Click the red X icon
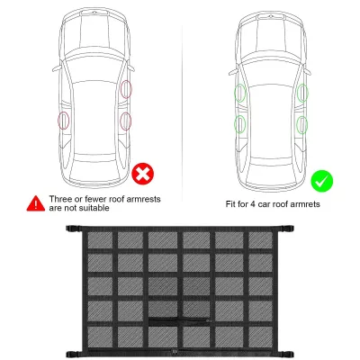click(x=143, y=174)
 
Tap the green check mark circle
click(x=321, y=181)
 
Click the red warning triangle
click(x=36, y=203)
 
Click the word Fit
click(x=230, y=204)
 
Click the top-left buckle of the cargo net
click(x=74, y=229)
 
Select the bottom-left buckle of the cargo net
click(x=74, y=354)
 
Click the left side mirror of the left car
click(x=58, y=68)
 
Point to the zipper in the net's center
click(x=179, y=321)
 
